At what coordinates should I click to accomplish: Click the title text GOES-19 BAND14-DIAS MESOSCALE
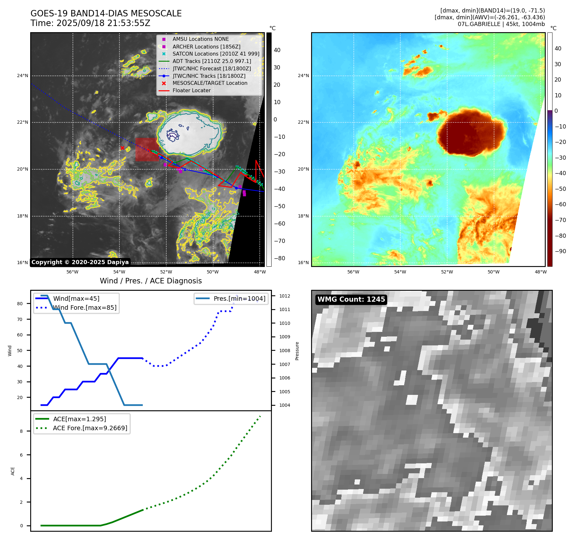point(106,13)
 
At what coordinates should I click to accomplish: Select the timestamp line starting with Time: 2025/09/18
point(91,23)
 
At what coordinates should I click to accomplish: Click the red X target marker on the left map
point(122,148)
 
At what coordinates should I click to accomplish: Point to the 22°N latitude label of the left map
point(22,122)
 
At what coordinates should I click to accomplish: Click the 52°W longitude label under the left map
point(166,272)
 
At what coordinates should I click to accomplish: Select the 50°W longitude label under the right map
point(494,272)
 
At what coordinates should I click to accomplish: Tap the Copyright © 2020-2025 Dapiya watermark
point(80,262)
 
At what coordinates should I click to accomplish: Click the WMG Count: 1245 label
point(351,299)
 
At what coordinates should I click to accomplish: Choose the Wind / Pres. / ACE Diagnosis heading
point(151,281)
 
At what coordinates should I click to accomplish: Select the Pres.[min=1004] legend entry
point(231,298)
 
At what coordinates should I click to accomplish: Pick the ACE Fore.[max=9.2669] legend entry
point(82,428)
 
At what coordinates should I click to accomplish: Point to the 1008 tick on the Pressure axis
point(285,351)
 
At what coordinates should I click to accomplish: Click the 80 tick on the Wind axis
point(20,304)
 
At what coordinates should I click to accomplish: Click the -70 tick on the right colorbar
point(560,220)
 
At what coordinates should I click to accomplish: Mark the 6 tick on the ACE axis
point(22,455)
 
